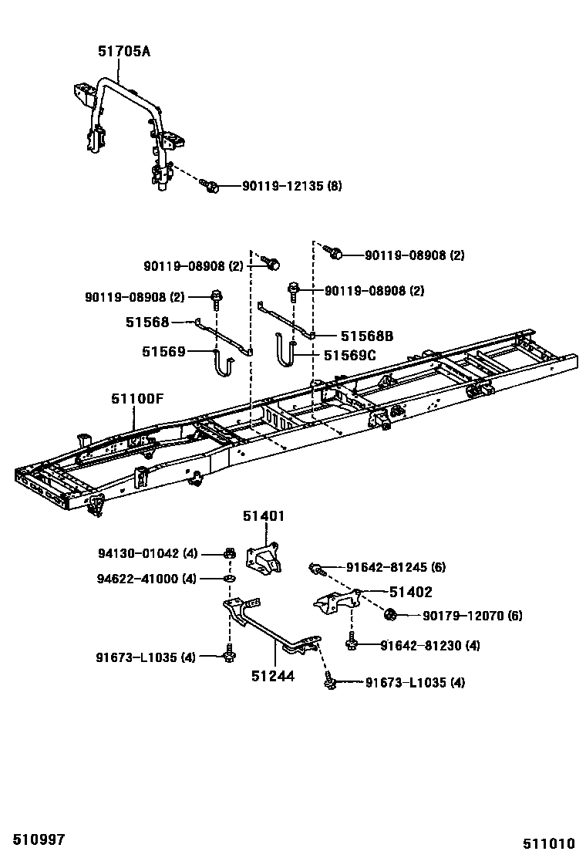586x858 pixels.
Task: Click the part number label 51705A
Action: (123, 52)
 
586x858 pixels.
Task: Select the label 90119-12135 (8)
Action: (292, 186)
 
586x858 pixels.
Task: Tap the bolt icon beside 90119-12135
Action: (210, 185)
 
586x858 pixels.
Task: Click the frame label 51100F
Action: (137, 399)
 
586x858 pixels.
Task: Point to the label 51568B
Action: (367, 336)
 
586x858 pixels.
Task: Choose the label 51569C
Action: (349, 355)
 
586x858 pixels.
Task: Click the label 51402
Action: (410, 592)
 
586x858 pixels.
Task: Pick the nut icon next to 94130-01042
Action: (229, 552)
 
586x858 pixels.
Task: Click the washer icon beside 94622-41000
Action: (229, 578)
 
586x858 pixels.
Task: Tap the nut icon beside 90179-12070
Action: (391, 615)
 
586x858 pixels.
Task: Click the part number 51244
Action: (273, 676)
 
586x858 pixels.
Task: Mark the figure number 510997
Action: (32, 839)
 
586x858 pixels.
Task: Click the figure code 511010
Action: (551, 843)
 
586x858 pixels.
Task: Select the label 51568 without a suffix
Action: (147, 322)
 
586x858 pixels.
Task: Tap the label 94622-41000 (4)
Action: (147, 578)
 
